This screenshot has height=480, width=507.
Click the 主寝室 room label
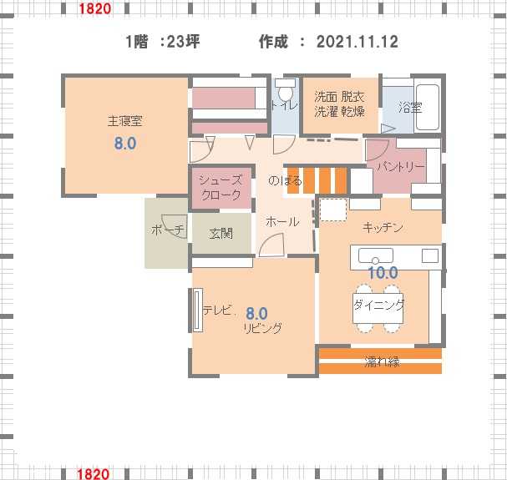point(124,121)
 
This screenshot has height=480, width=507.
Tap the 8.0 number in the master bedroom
point(125,143)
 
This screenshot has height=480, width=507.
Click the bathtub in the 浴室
point(427,107)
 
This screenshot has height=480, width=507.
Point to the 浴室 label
point(410,108)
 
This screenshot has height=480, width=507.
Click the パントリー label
point(401,167)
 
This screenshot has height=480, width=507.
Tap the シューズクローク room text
point(221,188)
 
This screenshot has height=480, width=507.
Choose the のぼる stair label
point(285,180)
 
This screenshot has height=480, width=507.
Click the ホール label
point(282,222)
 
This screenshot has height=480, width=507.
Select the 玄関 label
point(221,234)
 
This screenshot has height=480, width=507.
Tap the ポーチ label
point(168,230)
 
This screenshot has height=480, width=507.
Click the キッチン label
point(383,227)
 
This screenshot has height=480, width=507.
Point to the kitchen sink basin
point(375,255)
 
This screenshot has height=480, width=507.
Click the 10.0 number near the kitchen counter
point(383,273)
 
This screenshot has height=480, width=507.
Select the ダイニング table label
point(379,305)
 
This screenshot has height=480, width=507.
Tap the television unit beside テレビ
point(197,311)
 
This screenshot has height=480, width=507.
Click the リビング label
point(263,328)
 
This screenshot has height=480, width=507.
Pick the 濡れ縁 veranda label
point(382,361)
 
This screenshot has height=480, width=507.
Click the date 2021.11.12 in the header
point(357,42)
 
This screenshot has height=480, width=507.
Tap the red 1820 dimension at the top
point(94,8)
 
